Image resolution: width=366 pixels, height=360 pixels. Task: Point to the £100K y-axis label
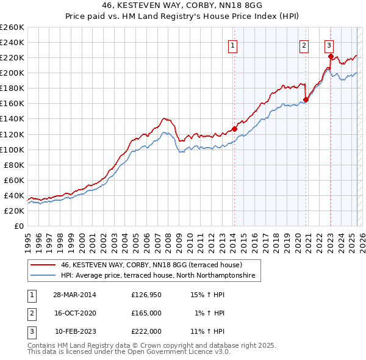point(12,149)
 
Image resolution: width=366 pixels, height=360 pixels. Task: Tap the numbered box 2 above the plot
point(304,44)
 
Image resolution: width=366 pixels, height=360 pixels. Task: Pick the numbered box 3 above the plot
point(329,44)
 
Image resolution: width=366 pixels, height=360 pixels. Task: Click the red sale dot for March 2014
point(234,129)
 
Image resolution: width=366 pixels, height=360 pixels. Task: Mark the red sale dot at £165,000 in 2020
point(306,100)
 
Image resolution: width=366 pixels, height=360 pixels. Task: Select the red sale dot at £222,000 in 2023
point(331,56)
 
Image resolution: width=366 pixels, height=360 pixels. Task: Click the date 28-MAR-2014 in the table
point(75,295)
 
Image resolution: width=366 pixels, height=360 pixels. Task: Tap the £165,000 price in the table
point(146,313)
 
